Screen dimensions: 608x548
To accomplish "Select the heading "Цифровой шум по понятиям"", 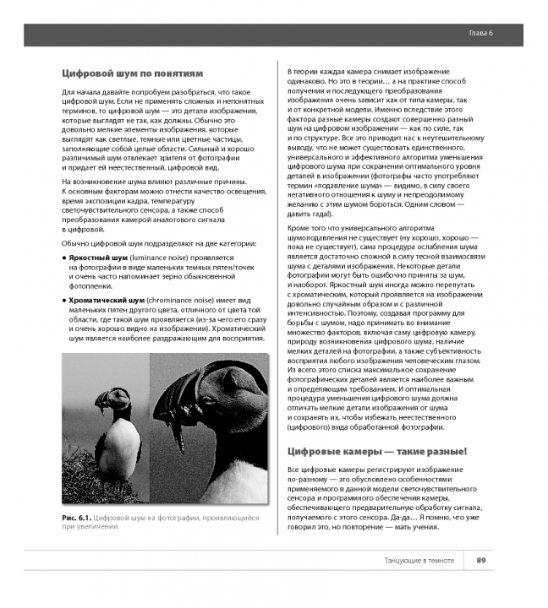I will click(x=133, y=73).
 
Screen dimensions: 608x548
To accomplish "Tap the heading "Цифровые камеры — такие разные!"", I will click(x=376, y=451).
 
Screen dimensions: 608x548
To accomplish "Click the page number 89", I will click(x=480, y=560).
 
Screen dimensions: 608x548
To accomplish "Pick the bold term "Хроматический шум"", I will click(x=106, y=301).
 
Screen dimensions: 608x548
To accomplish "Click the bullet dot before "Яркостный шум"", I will click(x=65, y=256).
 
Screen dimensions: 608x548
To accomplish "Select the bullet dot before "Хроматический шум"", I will click(x=65, y=301).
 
